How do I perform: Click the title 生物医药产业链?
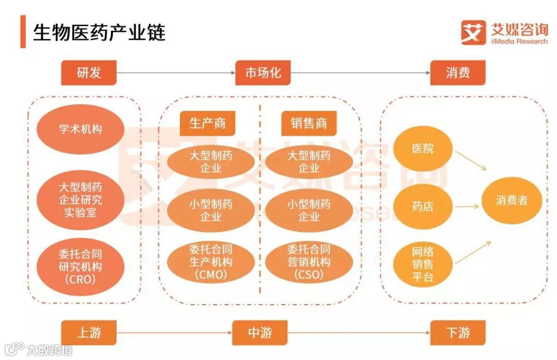pos(100,32)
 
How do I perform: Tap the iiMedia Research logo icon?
pos(473,32)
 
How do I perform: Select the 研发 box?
pos(89,73)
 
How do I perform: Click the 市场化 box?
pos(263,73)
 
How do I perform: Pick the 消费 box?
pos(458,73)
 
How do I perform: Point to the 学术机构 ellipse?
pos(80,129)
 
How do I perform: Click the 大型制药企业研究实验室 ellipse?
pos(80,199)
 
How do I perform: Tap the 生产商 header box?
pos(207,124)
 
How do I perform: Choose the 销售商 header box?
pos(309,124)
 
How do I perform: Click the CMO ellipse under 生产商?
pos(210,262)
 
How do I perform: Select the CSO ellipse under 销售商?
pos(309,262)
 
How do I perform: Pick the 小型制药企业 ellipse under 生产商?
pos(210,210)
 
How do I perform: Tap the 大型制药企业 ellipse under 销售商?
pos(309,162)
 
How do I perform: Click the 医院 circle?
pos(423,150)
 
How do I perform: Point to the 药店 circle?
pos(423,206)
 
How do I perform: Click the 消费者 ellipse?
pos(512,201)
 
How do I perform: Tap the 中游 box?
pos(260,333)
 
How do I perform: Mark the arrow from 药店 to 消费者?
pos(467,206)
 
